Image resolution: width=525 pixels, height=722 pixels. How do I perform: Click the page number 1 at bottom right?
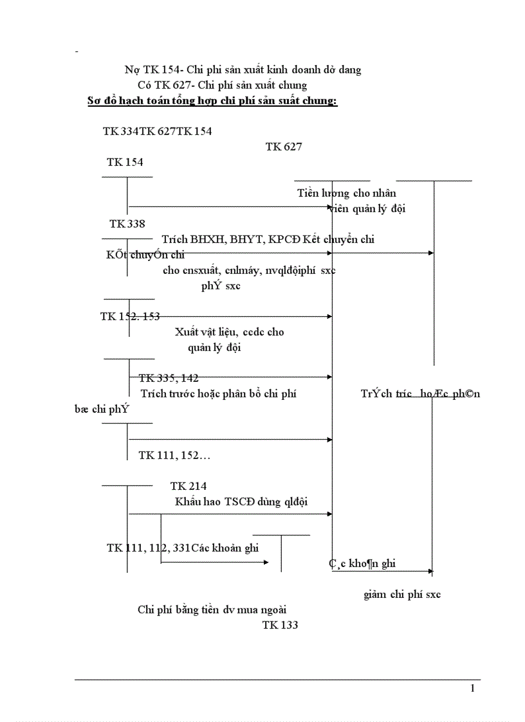point(473,689)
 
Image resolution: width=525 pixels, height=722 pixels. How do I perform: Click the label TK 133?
point(280,625)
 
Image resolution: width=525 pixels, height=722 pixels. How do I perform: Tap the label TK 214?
point(189,486)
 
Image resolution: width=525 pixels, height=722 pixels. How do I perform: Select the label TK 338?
point(127,224)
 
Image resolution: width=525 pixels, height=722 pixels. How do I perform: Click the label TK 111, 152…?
point(174,455)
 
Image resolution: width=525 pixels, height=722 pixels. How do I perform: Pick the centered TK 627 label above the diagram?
point(284,147)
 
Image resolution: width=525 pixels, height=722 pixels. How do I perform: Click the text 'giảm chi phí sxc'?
point(402,594)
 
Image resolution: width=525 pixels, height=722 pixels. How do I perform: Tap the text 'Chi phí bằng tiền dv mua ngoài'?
point(212,609)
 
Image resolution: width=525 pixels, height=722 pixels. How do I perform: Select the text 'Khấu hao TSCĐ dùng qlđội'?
point(241,501)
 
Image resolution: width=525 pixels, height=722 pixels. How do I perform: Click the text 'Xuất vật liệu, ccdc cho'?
point(229,332)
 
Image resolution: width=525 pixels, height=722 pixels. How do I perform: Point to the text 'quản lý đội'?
point(214,347)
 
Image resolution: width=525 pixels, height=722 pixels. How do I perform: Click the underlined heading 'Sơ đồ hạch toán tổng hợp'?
point(212,101)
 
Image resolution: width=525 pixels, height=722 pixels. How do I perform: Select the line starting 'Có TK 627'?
point(222,85)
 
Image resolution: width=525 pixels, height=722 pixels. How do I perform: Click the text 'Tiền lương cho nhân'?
point(347,193)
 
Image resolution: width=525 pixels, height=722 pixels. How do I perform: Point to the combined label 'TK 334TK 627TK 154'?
point(157,131)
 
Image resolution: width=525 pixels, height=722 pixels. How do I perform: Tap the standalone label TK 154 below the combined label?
point(125,162)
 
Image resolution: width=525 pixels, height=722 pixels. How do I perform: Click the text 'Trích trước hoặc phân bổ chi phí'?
point(218,393)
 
